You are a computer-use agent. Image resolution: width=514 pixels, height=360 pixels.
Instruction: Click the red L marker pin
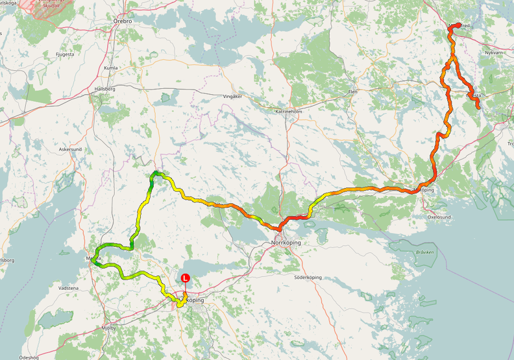coord(185,278)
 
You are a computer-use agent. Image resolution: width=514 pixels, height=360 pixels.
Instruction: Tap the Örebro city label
coord(123,21)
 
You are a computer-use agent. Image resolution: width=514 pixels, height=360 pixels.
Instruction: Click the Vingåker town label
coord(232,96)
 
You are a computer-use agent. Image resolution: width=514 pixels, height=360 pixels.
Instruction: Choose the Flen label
coord(353,92)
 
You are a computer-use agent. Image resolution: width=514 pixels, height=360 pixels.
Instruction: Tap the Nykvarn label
coord(494,52)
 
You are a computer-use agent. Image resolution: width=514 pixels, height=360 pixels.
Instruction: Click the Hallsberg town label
coord(104,88)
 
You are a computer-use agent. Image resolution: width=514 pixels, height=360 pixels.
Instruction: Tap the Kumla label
coord(111,67)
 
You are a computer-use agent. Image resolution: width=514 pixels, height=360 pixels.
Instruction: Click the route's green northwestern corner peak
coord(155,173)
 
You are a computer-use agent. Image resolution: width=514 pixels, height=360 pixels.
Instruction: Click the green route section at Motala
coord(97,259)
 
